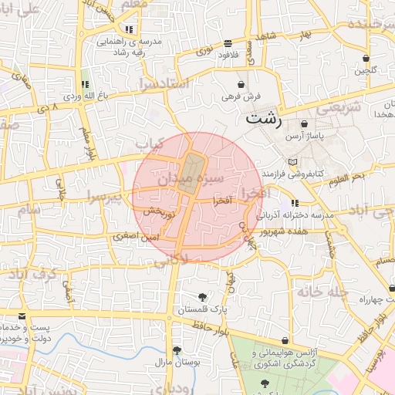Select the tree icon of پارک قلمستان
(202, 297)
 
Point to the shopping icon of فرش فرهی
(241, 84)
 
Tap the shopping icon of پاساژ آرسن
(304, 123)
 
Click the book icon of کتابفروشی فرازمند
(292, 161)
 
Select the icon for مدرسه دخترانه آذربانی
(295, 203)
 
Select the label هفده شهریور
(284, 230)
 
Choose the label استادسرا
(164, 83)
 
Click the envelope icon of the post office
(21, 317)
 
